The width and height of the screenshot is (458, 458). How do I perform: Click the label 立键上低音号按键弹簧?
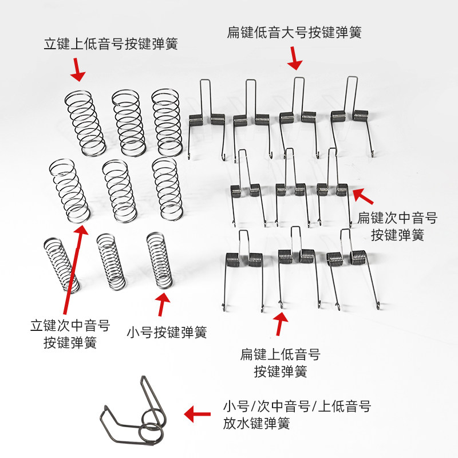[110, 44]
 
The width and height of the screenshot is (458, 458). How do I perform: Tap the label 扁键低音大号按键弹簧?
[294, 32]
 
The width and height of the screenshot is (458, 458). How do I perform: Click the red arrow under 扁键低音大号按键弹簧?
[295, 58]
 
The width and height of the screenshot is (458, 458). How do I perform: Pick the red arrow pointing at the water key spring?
[196, 413]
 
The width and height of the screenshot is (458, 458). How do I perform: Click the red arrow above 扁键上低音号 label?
[281, 324]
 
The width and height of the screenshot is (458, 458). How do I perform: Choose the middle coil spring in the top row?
[128, 121]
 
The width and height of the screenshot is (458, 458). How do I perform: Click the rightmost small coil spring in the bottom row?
[160, 260]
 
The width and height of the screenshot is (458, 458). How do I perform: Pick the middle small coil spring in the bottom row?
[111, 261]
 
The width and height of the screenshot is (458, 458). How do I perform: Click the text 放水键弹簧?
[256, 424]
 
